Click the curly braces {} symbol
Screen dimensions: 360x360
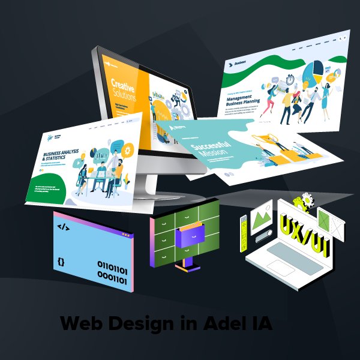click(61, 262)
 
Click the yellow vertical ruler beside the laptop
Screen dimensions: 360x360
click(244, 229)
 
